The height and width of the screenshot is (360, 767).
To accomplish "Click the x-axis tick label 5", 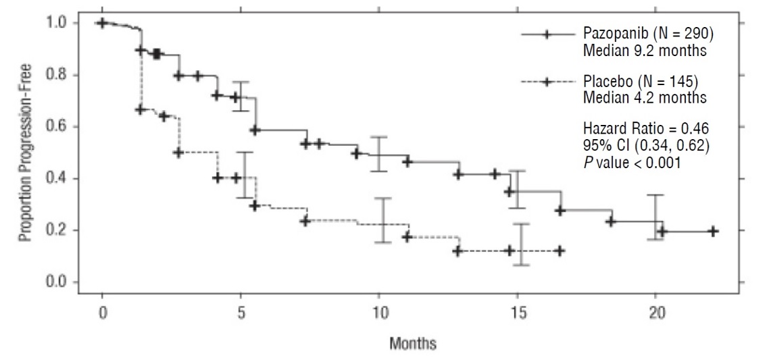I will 241,314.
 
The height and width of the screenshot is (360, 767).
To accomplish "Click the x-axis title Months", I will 412,343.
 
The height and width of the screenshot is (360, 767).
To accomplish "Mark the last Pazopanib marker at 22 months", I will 714,231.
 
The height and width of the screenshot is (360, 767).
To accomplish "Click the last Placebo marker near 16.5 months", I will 559,251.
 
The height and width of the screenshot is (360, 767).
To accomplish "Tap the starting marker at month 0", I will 102,23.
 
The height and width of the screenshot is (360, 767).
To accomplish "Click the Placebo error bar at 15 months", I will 521,244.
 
